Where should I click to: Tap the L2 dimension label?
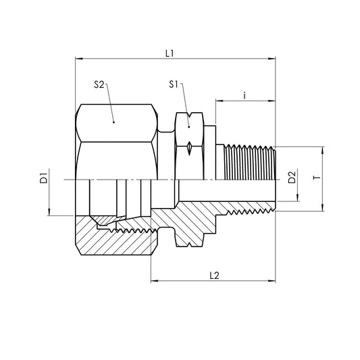(x=215, y=275)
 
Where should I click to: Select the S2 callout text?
(x=99, y=84)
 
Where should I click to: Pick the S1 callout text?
(x=174, y=84)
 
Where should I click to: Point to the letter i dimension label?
(x=245, y=95)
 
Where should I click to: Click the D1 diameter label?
(x=42, y=179)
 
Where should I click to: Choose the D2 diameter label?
(x=292, y=179)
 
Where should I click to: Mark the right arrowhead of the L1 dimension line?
(x=273, y=59)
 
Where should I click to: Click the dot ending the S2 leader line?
(x=114, y=122)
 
